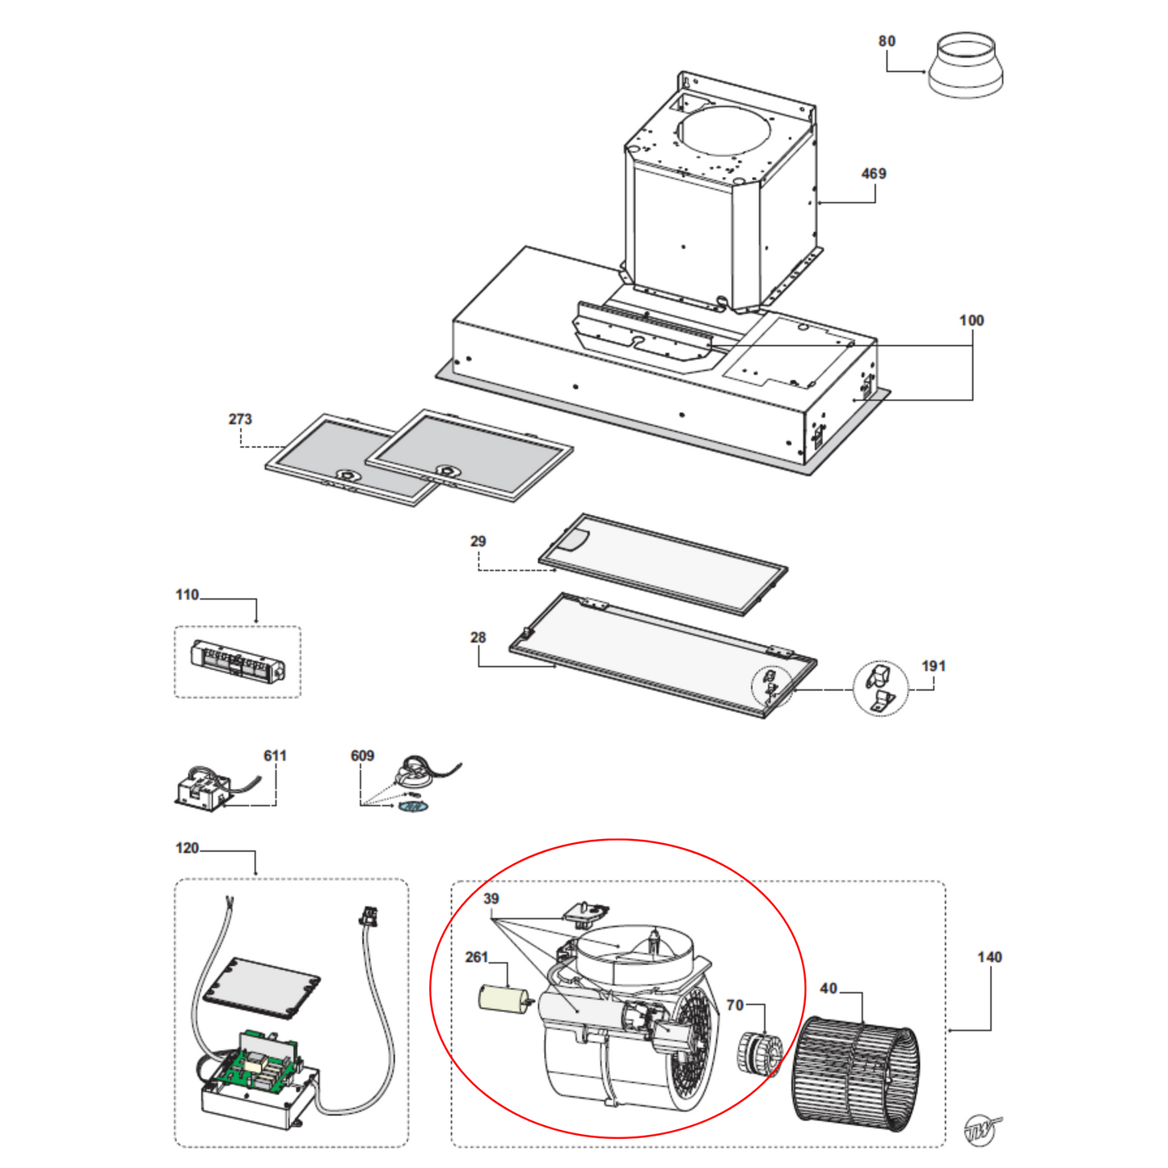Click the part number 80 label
(887, 41)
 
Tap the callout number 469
(873, 174)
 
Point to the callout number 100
(972, 321)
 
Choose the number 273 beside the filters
(240, 420)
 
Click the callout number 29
(478, 542)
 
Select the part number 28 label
(478, 638)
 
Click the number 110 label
(187, 595)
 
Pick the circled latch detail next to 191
(880, 688)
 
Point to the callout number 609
(362, 756)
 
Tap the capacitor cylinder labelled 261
(503, 998)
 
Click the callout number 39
(491, 899)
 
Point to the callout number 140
(989, 957)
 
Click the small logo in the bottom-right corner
(981, 1129)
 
